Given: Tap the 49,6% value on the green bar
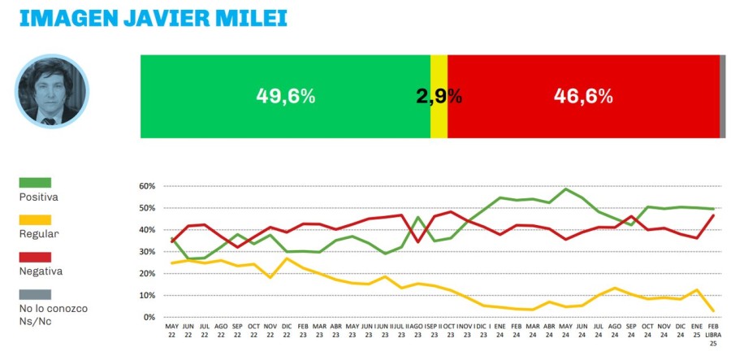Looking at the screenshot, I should pos(285,96).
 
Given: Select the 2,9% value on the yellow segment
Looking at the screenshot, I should pos(439,96).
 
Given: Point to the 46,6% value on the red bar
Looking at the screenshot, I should pos(582,96).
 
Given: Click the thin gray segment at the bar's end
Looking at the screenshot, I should pos(723,96).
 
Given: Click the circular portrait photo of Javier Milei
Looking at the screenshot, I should pos(51,91).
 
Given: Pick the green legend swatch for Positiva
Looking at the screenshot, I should pos(34,183).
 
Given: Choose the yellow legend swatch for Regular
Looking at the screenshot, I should pos(34,220).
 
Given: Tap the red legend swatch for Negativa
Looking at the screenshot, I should pos(34,258).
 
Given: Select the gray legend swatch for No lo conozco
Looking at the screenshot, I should pos(34,294).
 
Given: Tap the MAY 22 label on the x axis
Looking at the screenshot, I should pos(171,330).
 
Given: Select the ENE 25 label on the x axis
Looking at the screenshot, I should pos(696,330).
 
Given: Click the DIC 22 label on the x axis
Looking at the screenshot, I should pos(286,330).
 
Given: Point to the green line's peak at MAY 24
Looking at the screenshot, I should pos(565,189).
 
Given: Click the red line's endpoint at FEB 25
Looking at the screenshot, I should pos(712,215).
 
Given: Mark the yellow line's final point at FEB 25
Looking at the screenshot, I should pos(712,310).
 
